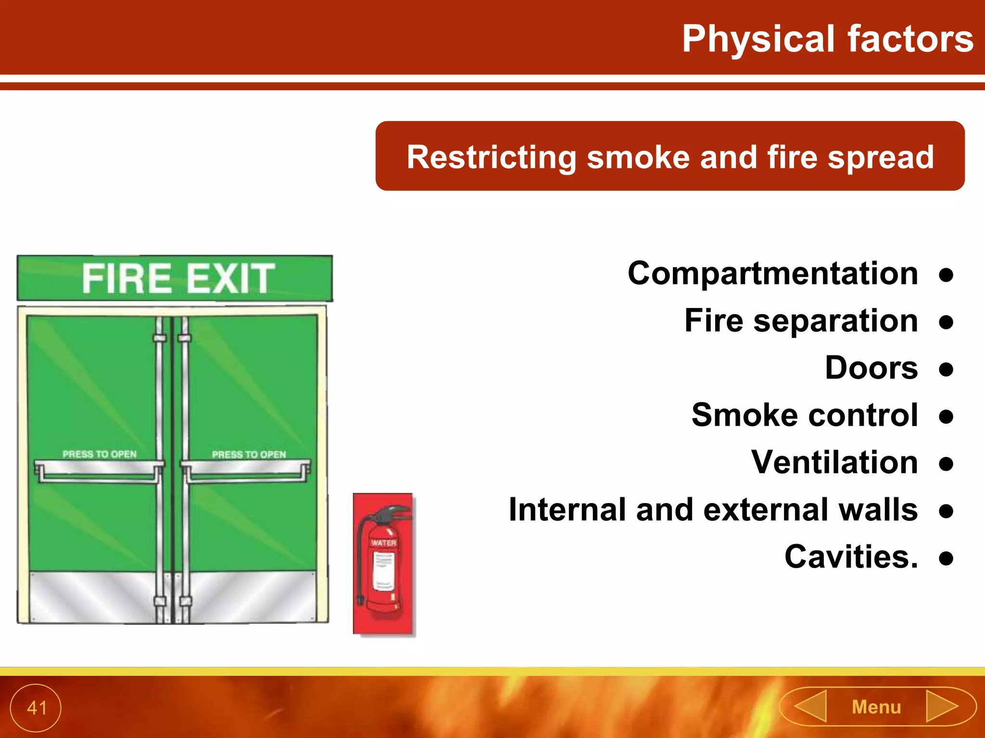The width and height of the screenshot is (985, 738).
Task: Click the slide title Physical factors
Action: point(827,38)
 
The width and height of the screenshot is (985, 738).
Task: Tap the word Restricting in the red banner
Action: point(491,157)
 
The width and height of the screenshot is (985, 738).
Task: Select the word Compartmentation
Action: point(772,273)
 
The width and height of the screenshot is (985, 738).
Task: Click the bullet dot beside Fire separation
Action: point(946,322)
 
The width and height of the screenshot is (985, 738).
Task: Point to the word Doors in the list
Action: point(871,368)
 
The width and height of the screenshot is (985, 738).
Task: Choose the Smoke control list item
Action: point(805,415)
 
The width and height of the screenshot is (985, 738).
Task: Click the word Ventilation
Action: point(834,462)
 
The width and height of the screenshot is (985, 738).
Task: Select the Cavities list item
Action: point(851,557)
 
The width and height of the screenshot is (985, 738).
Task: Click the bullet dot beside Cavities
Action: point(946,558)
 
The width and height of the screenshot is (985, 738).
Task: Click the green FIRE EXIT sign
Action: point(175,278)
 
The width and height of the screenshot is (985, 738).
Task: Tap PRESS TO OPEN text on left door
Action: point(100,454)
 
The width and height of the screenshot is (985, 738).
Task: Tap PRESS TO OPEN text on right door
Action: point(249,454)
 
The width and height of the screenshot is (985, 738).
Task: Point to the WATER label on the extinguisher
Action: point(383,543)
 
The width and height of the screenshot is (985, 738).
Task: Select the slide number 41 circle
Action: point(36,708)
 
